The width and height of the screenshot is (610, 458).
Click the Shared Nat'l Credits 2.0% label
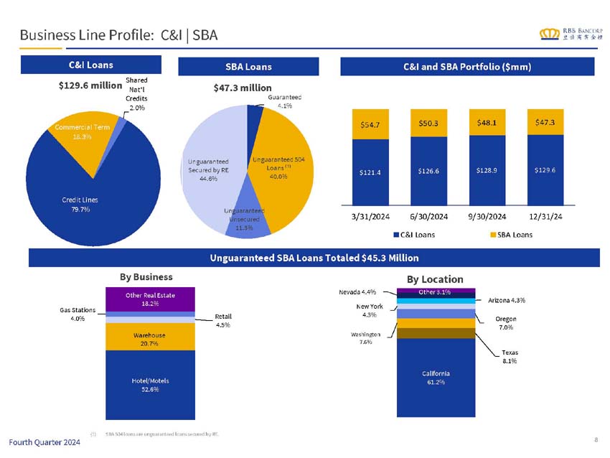pyautogui.click(x=136, y=94)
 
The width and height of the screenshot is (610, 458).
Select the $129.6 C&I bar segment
pyautogui.click(x=545, y=170)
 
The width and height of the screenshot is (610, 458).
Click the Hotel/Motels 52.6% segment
pyautogui.click(x=150, y=385)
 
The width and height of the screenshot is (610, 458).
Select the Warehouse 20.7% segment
pyautogui.click(x=150, y=339)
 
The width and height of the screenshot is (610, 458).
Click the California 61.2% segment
pyautogui.click(x=436, y=378)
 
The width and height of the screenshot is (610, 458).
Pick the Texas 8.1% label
pyautogui.click(x=510, y=357)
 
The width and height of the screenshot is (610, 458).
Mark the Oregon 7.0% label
pyautogui.click(x=506, y=323)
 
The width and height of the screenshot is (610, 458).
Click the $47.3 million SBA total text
pyautogui.click(x=243, y=88)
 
